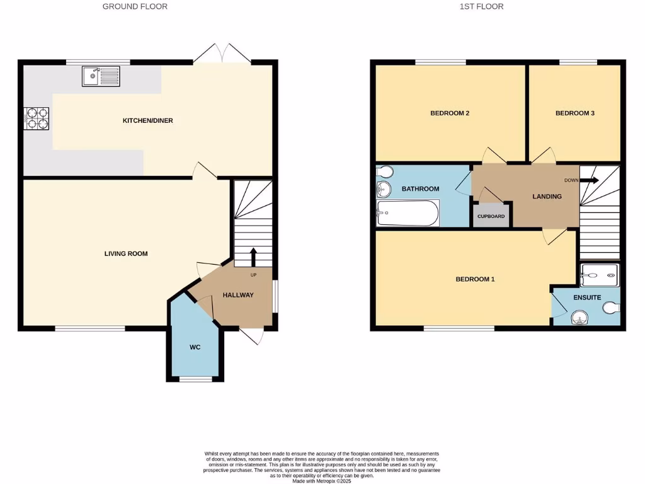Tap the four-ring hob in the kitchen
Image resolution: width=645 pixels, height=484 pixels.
pos(37,118)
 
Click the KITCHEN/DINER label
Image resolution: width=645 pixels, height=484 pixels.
pos(147,120)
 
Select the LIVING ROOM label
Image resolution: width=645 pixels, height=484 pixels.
pos(126,254)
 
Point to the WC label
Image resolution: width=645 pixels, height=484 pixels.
pos(195,347)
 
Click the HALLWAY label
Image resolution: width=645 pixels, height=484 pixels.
pos(237,295)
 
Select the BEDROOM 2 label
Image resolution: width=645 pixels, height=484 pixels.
pos(450,113)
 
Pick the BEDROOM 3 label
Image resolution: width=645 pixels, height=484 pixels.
pos(574,113)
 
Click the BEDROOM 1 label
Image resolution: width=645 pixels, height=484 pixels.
pos(475,279)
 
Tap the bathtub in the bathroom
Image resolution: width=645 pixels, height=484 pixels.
pos(408,213)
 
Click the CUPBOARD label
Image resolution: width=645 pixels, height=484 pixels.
pos(491,216)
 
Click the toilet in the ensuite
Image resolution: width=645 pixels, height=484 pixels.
pos(612,308)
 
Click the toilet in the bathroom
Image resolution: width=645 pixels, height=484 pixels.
pos(384,171)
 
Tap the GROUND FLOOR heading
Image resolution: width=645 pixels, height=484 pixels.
pos(135,7)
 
